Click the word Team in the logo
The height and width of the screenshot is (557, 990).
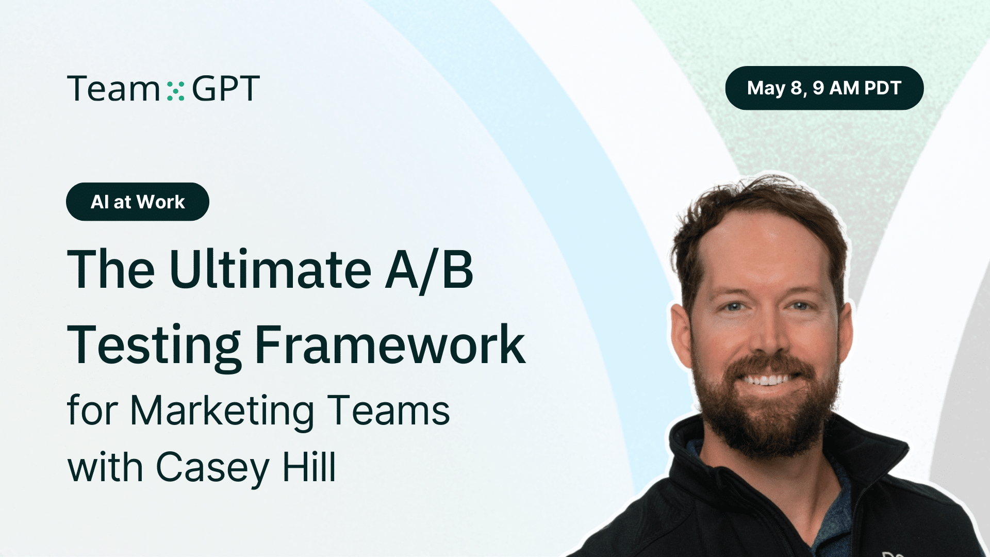(x=113, y=89)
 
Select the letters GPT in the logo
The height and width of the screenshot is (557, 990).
(x=226, y=89)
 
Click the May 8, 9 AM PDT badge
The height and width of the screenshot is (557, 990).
(x=824, y=88)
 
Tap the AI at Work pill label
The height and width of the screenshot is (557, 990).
(x=138, y=202)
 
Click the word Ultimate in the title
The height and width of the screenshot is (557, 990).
(x=270, y=270)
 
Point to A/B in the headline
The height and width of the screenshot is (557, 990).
(x=429, y=270)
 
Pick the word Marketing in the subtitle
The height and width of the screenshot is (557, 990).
(x=222, y=411)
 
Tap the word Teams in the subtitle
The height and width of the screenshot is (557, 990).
(x=389, y=411)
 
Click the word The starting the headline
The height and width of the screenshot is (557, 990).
(x=111, y=270)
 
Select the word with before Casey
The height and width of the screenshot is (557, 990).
(x=105, y=468)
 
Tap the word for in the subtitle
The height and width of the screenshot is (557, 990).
(x=93, y=411)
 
